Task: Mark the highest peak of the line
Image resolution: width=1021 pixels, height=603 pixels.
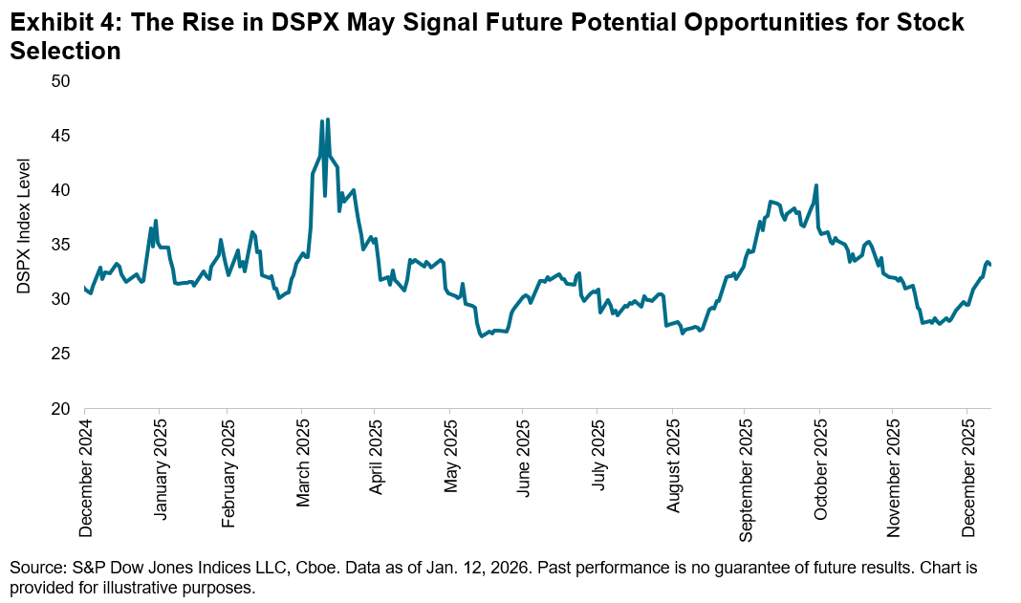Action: coord(328,119)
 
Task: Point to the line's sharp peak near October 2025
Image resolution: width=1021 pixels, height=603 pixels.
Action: coord(815,185)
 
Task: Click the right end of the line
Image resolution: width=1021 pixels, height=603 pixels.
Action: coord(990,265)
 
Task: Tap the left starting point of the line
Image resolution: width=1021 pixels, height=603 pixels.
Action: coord(84,287)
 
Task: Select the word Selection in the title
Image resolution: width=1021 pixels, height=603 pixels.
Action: coord(64,53)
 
